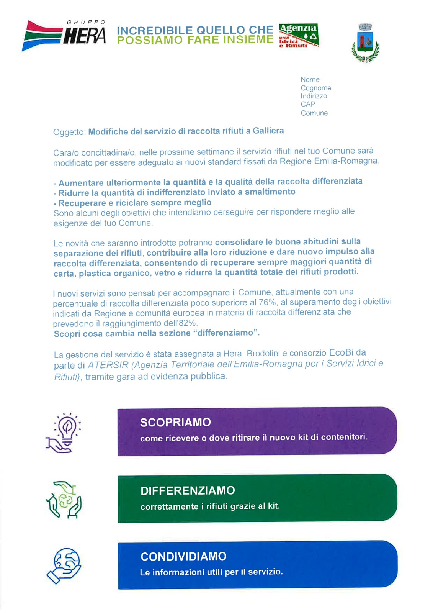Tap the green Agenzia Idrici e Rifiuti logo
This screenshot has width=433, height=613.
299,35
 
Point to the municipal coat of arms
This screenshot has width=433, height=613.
365,43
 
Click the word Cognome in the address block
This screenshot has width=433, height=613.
316,88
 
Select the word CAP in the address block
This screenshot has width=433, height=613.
308,104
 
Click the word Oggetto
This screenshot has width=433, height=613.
69,132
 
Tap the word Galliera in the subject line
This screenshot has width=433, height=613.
268,131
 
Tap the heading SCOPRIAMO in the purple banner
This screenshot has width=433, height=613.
175,422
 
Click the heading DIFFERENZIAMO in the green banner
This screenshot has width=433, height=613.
188,490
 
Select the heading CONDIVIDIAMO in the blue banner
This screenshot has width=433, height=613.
183,556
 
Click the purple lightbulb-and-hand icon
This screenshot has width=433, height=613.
64,433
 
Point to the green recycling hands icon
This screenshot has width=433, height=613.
64,500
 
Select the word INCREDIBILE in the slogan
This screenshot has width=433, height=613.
155,30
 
